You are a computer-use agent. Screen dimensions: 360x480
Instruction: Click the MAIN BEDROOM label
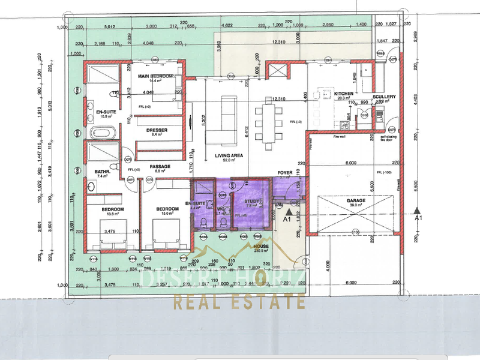tap(155, 76)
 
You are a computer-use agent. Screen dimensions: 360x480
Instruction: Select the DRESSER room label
tap(156, 130)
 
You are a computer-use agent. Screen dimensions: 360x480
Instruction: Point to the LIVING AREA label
tap(228, 155)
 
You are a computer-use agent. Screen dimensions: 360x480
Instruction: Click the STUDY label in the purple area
tap(251, 201)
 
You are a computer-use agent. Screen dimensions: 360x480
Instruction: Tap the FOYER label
tap(284, 173)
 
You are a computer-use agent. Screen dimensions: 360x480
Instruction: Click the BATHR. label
tap(101, 172)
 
